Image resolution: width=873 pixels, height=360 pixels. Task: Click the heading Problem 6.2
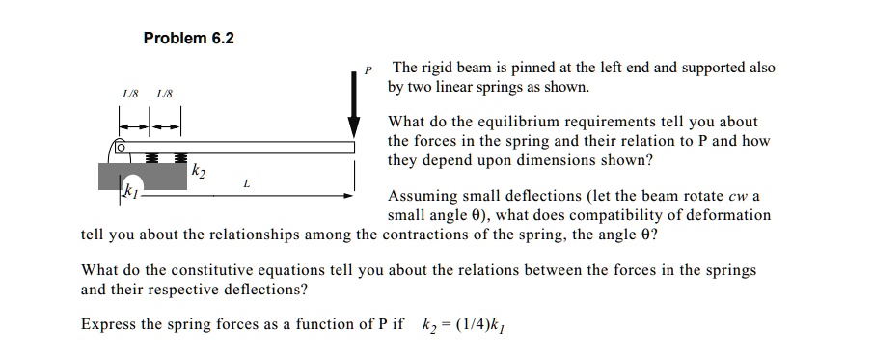click(x=188, y=39)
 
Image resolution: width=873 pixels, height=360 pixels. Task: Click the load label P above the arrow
click(x=368, y=69)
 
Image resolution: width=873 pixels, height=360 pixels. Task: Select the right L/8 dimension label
click(x=164, y=94)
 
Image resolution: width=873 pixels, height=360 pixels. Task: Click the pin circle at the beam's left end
click(x=121, y=148)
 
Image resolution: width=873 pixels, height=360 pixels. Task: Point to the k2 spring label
click(x=199, y=172)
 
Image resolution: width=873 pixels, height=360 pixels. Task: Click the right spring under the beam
click(x=178, y=157)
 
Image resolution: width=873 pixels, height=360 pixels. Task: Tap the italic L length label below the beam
click(x=248, y=181)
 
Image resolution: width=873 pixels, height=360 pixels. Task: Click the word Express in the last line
click(x=109, y=324)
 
